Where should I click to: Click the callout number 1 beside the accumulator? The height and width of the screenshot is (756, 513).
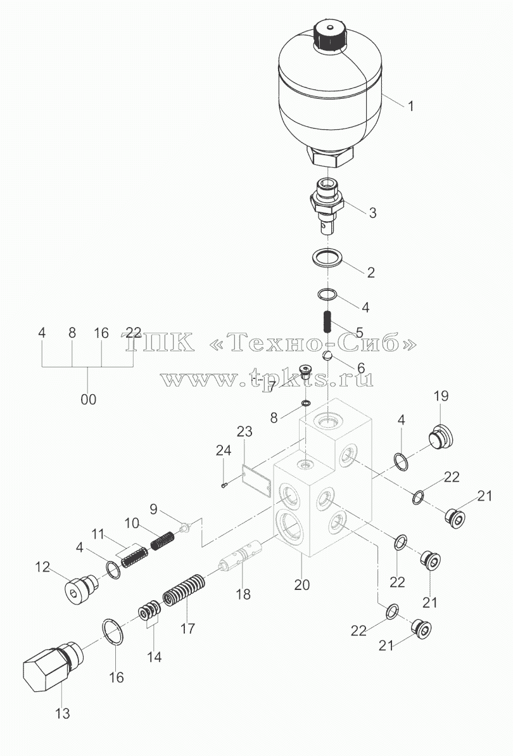(x=410, y=106)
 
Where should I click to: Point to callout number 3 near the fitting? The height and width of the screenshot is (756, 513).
(x=372, y=213)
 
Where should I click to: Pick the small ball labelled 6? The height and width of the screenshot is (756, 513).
(x=327, y=356)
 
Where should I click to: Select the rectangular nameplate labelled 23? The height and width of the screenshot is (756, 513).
(x=256, y=479)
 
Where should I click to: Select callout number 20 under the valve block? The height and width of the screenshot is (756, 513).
(x=302, y=584)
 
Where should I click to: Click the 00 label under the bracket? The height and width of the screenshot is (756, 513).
(x=89, y=399)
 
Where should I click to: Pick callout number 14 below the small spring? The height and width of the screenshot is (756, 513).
(x=155, y=657)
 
